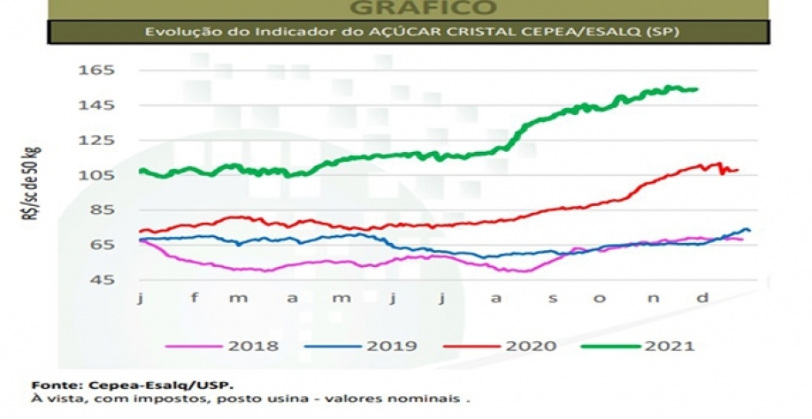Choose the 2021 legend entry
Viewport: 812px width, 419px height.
(x=672, y=346)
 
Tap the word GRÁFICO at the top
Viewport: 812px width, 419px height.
(x=422, y=8)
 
